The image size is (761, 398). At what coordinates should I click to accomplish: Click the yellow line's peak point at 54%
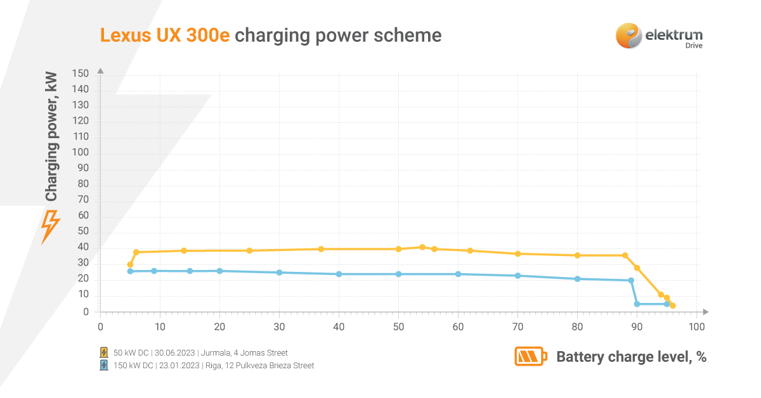click(422, 247)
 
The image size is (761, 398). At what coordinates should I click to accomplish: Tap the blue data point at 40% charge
click(339, 274)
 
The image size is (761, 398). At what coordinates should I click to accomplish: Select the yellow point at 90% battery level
click(637, 268)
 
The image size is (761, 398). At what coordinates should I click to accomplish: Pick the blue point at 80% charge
click(577, 279)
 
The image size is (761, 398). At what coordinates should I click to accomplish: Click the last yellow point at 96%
click(672, 305)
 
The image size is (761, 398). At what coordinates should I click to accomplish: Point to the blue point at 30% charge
click(279, 273)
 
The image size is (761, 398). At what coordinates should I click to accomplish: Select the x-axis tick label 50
click(398, 327)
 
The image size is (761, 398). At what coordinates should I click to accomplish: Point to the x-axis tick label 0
click(100, 327)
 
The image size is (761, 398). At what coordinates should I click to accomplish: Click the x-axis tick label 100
click(696, 327)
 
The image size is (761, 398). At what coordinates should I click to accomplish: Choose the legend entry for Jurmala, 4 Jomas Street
click(200, 352)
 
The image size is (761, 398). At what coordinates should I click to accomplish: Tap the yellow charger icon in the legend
click(104, 352)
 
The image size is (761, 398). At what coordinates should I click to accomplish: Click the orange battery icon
click(530, 356)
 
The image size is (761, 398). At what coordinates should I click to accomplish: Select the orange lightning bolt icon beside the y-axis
click(50, 227)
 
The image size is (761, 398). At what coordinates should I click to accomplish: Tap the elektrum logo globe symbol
click(628, 35)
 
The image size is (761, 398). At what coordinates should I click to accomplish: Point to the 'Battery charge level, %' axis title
click(631, 357)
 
